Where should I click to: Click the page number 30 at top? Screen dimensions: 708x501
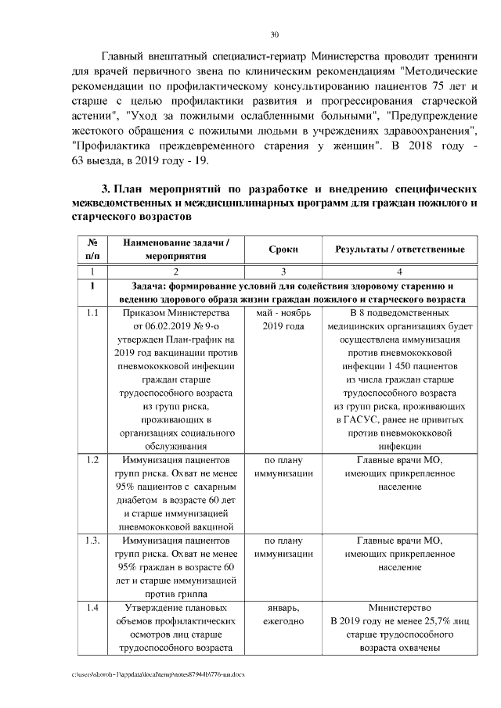[x=274, y=34]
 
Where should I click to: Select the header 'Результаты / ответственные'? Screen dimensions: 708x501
[x=400, y=249]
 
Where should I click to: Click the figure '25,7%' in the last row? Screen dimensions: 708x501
[x=407, y=620]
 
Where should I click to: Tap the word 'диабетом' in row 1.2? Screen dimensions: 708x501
[x=140, y=500]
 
